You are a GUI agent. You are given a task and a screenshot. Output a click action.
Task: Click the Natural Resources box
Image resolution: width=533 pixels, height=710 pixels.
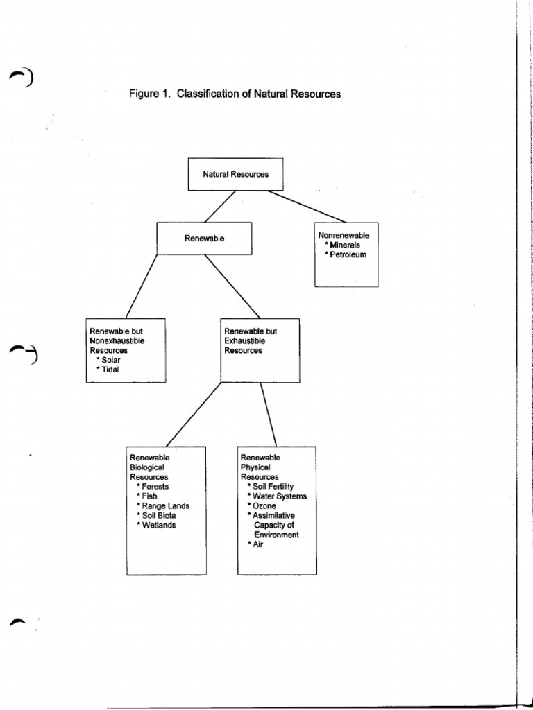(x=236, y=174)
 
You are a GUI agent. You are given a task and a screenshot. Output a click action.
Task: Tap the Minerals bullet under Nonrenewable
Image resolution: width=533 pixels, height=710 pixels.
(x=345, y=245)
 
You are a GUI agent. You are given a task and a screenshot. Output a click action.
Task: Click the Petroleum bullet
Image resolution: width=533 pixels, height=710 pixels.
(x=348, y=254)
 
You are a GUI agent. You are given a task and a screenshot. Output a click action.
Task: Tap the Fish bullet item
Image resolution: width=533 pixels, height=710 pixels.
(x=149, y=496)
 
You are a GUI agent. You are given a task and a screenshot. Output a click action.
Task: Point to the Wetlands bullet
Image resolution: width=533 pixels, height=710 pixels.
(x=159, y=526)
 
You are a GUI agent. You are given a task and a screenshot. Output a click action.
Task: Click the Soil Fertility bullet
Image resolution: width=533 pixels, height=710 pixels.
(x=273, y=487)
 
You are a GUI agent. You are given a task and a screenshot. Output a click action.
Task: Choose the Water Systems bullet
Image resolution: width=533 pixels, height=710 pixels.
(x=279, y=496)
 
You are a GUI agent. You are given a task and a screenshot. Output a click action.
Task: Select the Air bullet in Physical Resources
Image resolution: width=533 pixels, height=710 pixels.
(x=258, y=545)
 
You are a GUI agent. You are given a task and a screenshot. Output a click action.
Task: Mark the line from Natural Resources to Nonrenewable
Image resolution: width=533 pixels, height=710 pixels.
(x=305, y=206)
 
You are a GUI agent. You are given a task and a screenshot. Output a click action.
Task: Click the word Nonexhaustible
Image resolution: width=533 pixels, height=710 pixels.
(x=117, y=341)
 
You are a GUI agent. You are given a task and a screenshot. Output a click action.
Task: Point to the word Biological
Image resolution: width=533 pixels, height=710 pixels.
(x=147, y=467)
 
